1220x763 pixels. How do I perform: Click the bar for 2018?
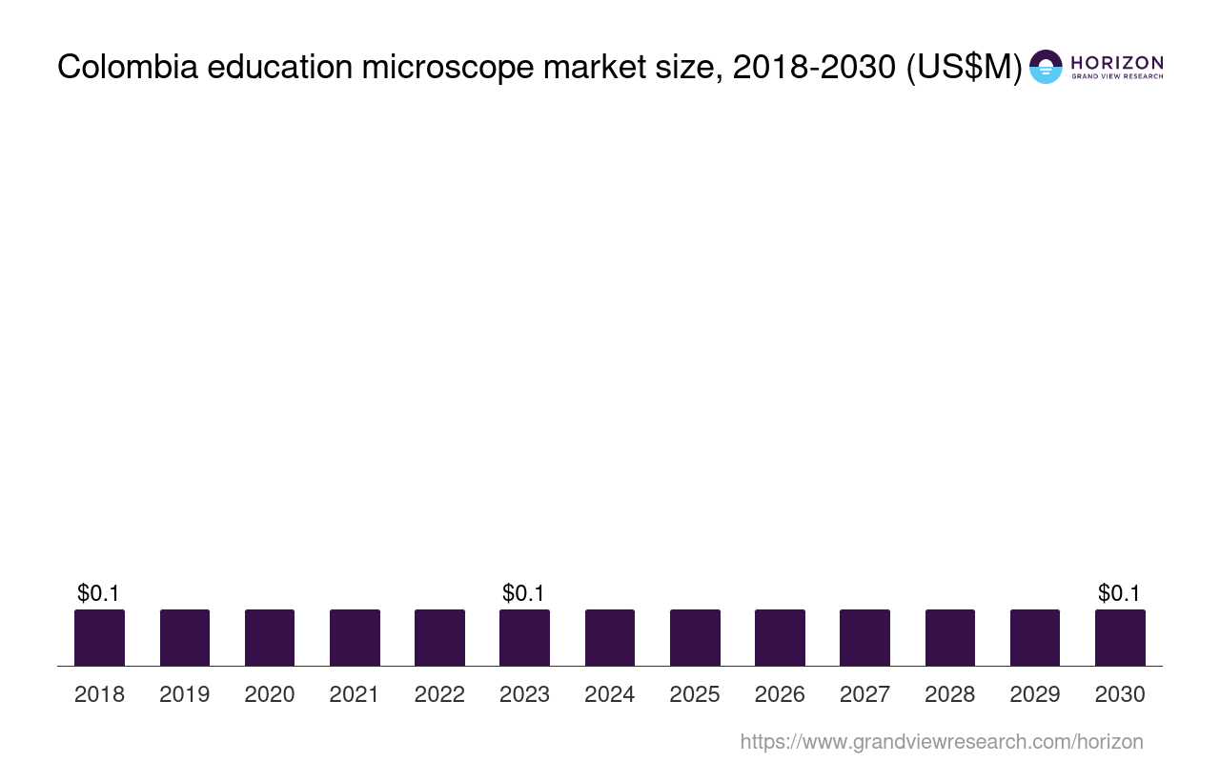[99, 637]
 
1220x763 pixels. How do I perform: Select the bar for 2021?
[355, 637]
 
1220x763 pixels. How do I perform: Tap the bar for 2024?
[610, 637]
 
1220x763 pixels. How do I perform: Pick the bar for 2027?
[864, 637]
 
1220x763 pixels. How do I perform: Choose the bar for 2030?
[1120, 637]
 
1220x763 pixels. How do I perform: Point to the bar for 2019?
[185, 637]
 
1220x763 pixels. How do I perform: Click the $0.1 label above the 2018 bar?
[99, 593]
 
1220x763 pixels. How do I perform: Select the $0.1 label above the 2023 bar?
[524, 593]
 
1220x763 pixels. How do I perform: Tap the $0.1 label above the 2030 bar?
[1120, 593]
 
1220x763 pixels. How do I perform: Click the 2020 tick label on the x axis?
[270, 694]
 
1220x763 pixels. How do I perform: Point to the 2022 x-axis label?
[439, 694]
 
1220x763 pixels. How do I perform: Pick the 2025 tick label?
[695, 694]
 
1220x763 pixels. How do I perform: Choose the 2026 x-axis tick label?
[780, 694]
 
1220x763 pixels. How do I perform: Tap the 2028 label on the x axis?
[950, 694]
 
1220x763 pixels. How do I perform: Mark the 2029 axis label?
[1035, 694]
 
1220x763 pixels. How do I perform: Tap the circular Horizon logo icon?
[1046, 67]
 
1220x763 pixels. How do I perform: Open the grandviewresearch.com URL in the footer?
[942, 741]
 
